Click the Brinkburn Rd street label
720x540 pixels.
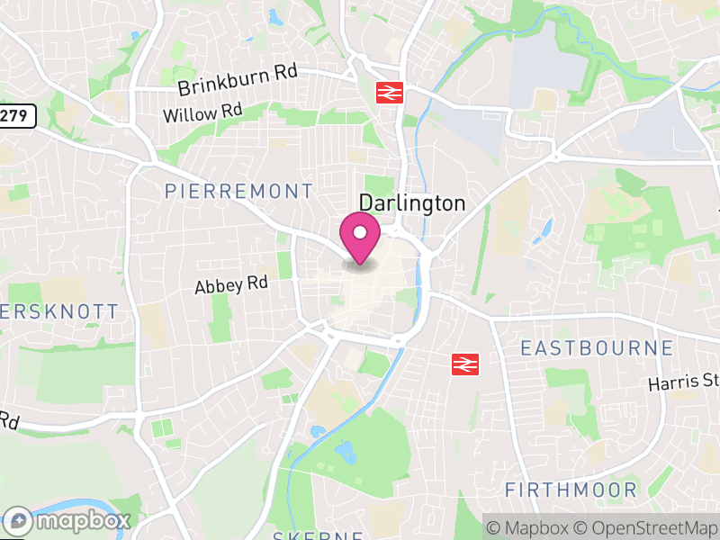pos(237,80)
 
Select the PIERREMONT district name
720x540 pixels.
pos(239,191)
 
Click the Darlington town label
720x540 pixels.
pos(412,203)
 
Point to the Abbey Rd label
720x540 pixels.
pos(231,285)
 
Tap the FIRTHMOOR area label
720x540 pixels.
pos(571,490)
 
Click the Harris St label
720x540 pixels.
pos(683,382)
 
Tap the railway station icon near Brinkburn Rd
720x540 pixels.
pos(389,93)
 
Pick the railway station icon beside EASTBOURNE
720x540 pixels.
pos(464,363)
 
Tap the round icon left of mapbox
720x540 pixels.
pos(19,521)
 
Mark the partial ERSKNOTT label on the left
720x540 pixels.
pos(58,311)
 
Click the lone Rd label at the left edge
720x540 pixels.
pos(9,421)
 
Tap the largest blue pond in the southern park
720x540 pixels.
pos(345,450)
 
